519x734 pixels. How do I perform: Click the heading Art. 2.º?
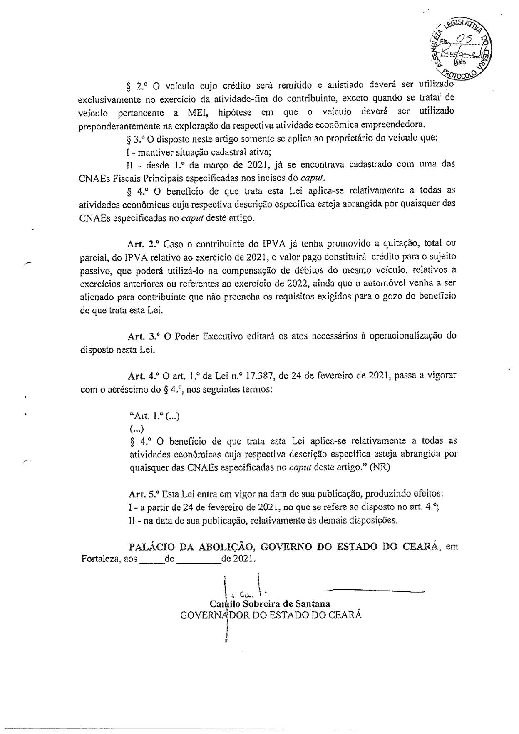coord(144,243)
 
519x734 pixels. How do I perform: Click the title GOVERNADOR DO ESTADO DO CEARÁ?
coord(271,615)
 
